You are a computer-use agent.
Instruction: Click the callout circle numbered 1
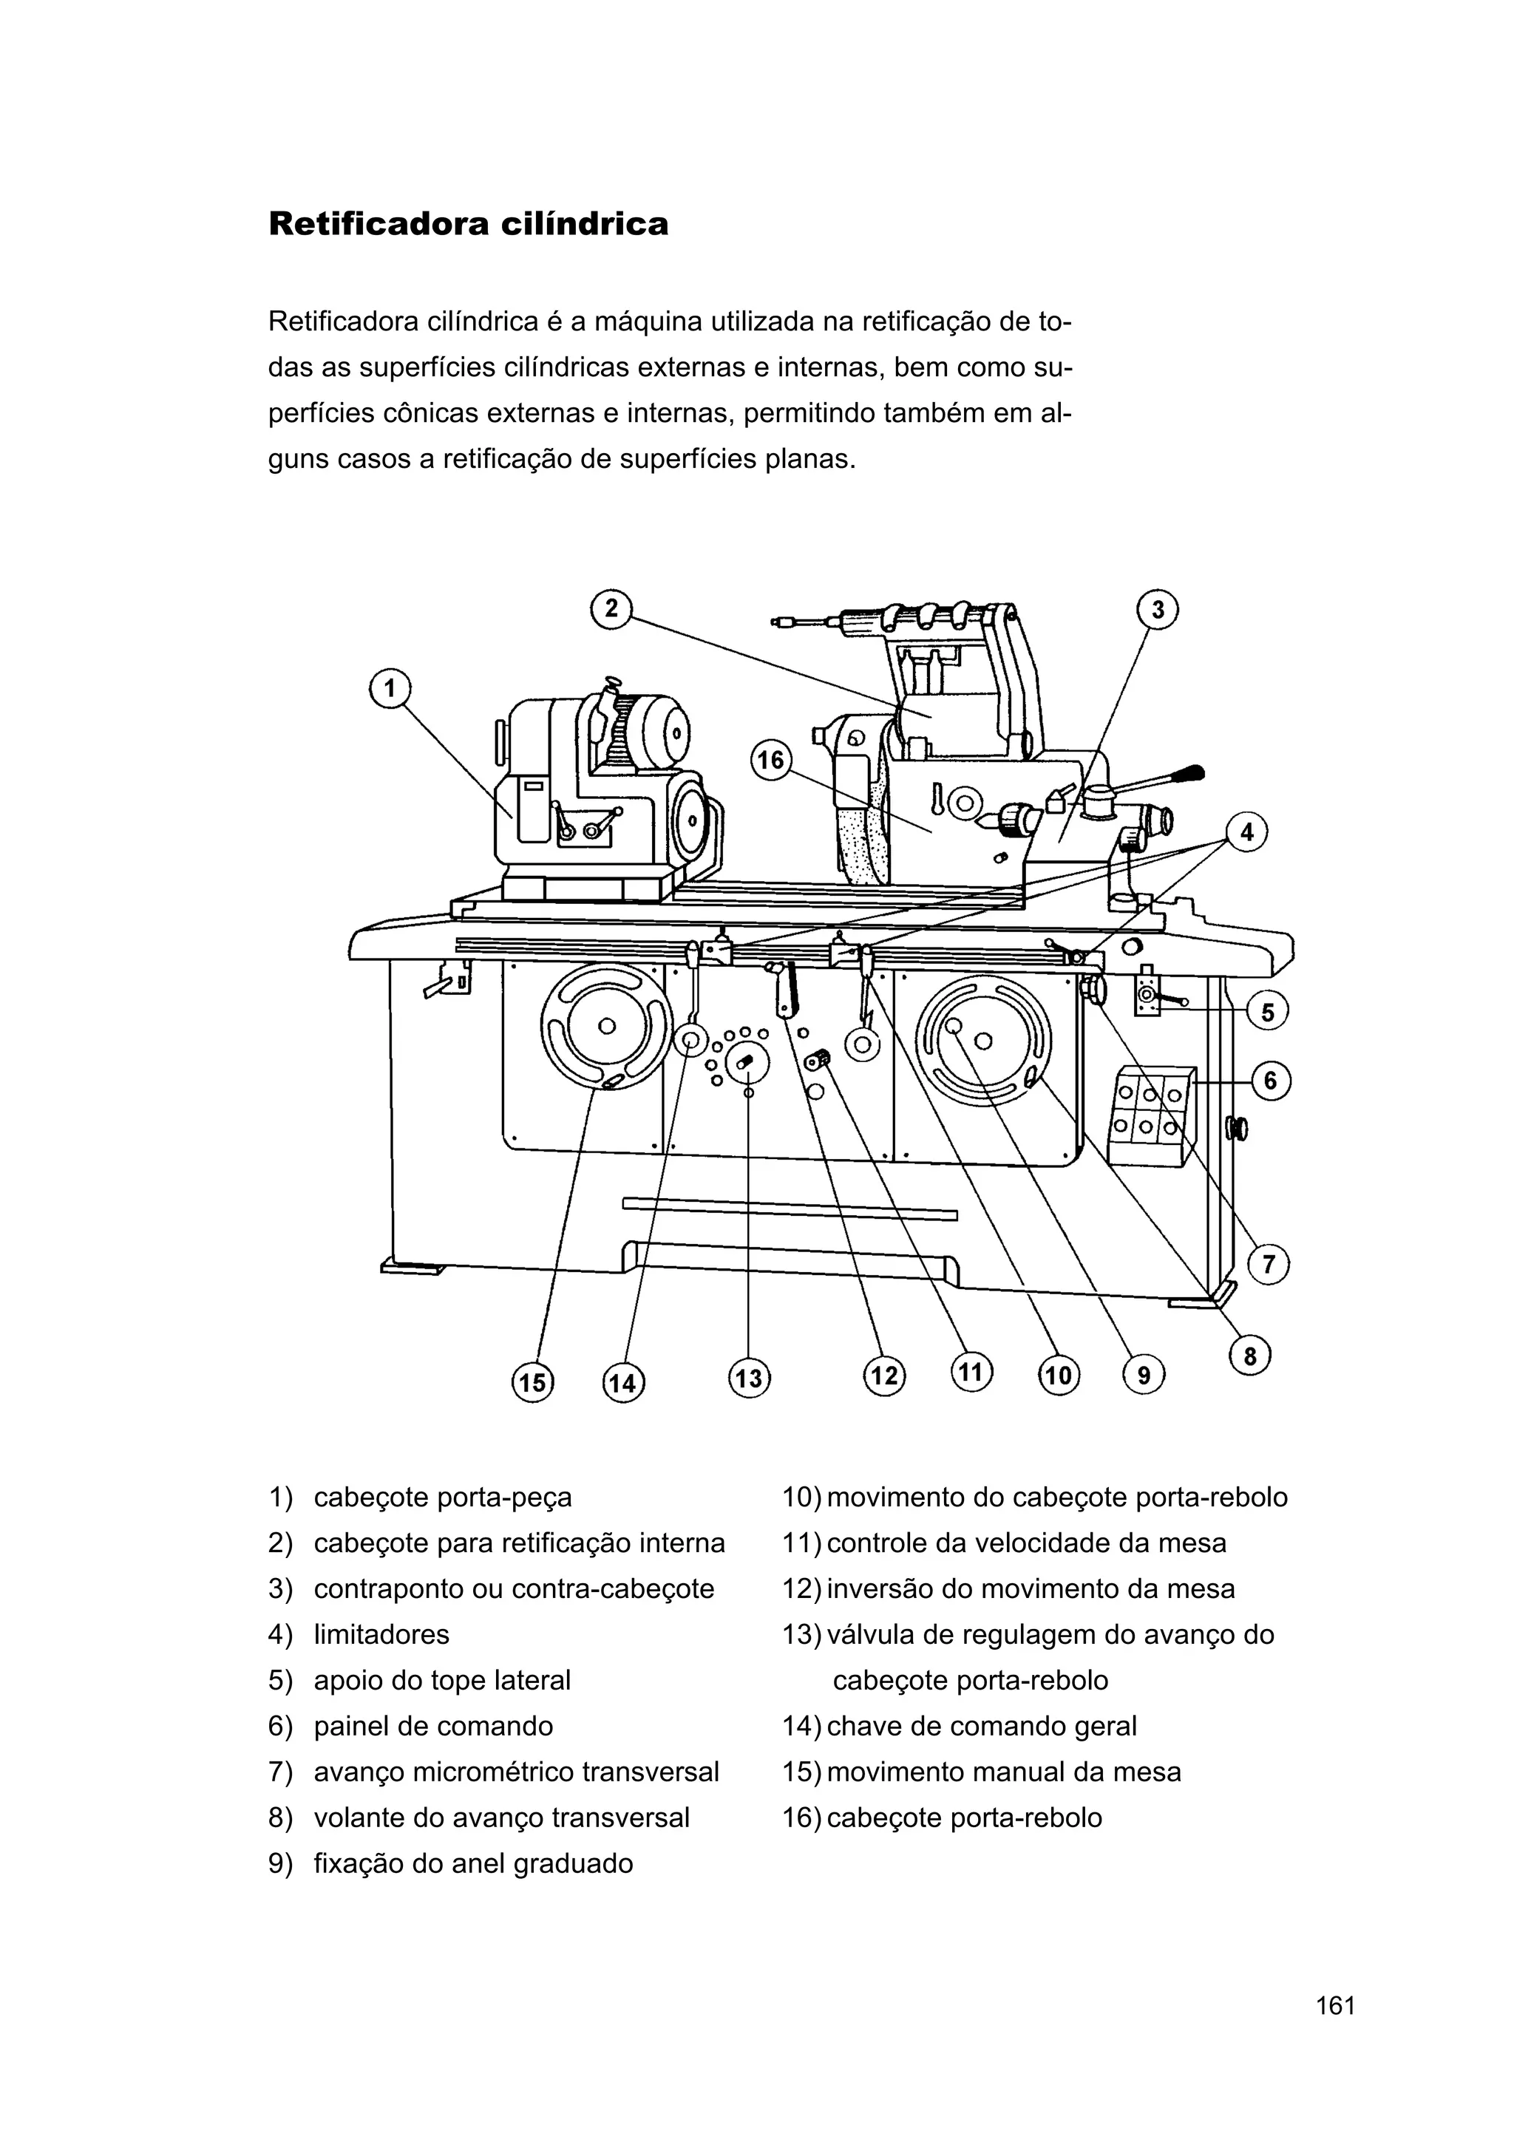pyautogui.click(x=390, y=690)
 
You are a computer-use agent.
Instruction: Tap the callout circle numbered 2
pyautogui.click(x=611, y=609)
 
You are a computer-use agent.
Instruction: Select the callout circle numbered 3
pyautogui.click(x=1158, y=610)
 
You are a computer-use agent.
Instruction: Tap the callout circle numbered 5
pyautogui.click(x=1268, y=1012)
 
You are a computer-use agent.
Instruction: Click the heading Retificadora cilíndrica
pyautogui.click(x=468, y=225)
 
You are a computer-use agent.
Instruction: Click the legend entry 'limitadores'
pyautogui.click(x=381, y=1634)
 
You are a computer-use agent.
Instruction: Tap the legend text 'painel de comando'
pyautogui.click(x=433, y=1726)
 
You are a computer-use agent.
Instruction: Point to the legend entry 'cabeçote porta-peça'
pyautogui.click(x=442, y=1497)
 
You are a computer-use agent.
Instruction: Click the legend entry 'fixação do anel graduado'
pyautogui.click(x=473, y=1863)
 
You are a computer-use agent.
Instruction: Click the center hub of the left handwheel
pyautogui.click(x=607, y=1026)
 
